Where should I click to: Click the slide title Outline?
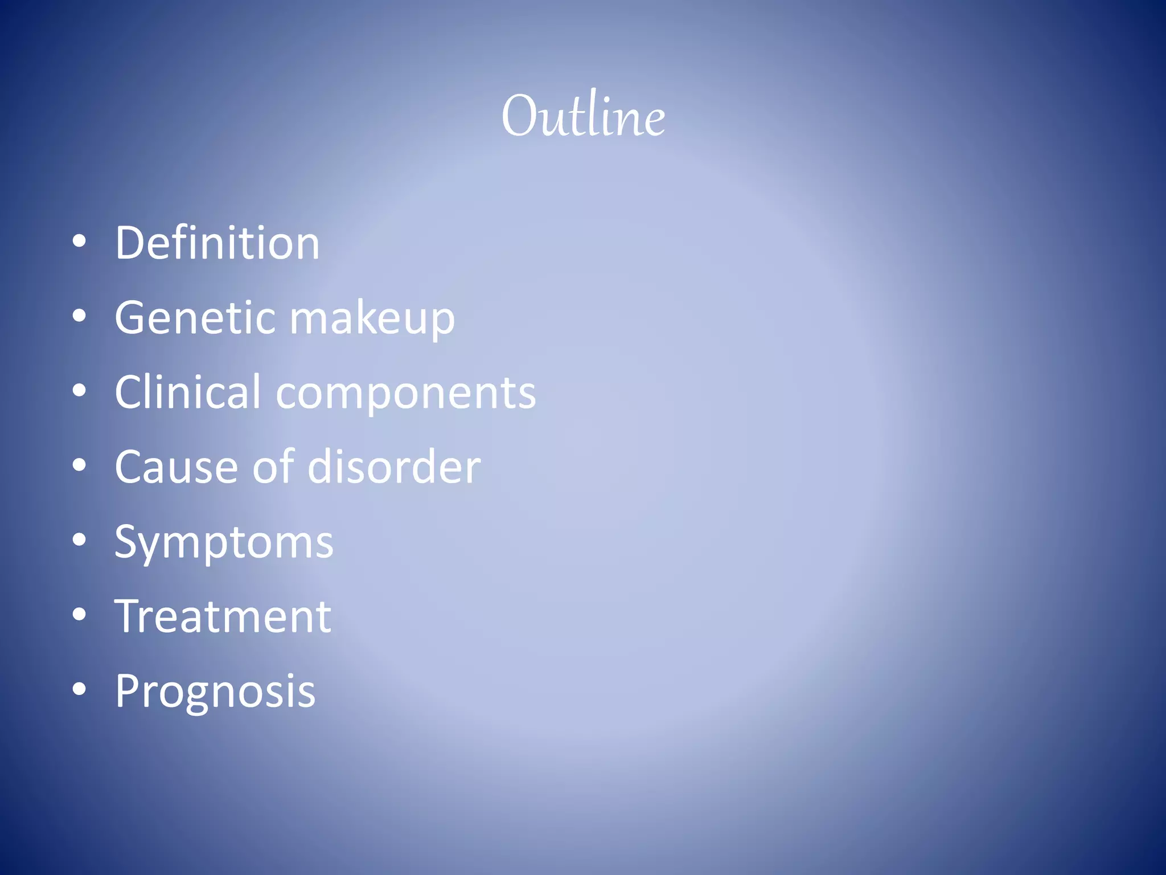pyautogui.click(x=583, y=116)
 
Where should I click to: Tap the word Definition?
pyautogui.click(x=217, y=243)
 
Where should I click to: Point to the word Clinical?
pyautogui.click(x=188, y=392)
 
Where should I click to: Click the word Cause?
pyautogui.click(x=176, y=467)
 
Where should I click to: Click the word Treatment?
pyautogui.click(x=223, y=616)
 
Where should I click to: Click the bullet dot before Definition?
pyautogui.click(x=79, y=242)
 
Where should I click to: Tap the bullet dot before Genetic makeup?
pyautogui.click(x=79, y=317)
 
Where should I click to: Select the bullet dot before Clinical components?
pyautogui.click(x=79, y=391)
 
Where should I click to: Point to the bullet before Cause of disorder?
pyautogui.click(x=79, y=466)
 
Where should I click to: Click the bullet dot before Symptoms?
pyautogui.click(x=79, y=541)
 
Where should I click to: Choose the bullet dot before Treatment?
pyautogui.click(x=79, y=615)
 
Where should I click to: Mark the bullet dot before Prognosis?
pyautogui.click(x=79, y=690)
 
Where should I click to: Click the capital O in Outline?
pyautogui.click(x=520, y=116)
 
